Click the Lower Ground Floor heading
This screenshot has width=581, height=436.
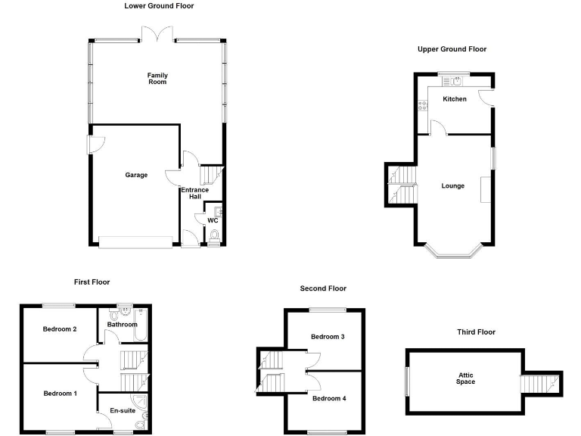point(159,6)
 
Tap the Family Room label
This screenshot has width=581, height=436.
point(157,79)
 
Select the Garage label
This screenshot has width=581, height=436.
point(136,175)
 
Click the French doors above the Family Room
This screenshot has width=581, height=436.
point(157,33)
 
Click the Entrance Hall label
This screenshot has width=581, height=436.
point(195,193)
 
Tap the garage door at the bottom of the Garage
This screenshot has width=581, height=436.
point(136,242)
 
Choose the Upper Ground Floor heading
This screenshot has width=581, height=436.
point(452,49)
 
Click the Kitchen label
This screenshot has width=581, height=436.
point(455,99)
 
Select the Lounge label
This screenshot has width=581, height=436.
point(452,186)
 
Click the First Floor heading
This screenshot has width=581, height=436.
point(92,282)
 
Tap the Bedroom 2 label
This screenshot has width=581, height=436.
point(60,329)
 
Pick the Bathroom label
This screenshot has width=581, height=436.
point(122,325)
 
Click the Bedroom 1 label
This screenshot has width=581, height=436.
point(60,394)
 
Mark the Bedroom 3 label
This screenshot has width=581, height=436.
point(328,336)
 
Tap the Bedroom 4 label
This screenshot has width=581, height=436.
point(329,398)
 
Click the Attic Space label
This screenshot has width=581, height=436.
point(466,378)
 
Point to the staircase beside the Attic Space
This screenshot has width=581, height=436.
point(540,383)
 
